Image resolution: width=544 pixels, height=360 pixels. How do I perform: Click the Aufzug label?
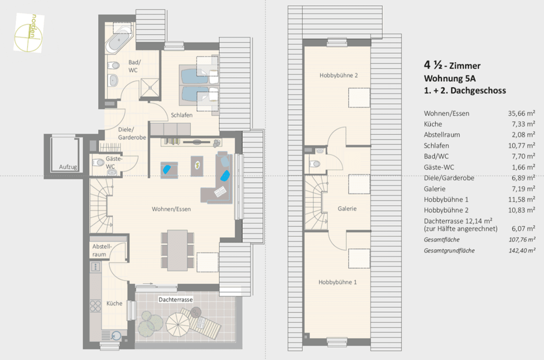click(68, 167)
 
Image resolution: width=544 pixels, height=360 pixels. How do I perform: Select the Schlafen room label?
click(181, 115)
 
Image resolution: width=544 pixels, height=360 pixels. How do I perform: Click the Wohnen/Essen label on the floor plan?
click(171, 209)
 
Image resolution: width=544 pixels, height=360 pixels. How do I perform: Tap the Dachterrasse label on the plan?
click(176, 300)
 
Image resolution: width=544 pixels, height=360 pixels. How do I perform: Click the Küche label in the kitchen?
click(114, 303)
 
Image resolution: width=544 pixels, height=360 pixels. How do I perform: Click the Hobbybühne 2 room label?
click(338, 75)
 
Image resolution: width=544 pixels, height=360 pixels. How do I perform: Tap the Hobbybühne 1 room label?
click(338, 282)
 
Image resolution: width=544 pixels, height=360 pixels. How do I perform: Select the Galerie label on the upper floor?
click(347, 209)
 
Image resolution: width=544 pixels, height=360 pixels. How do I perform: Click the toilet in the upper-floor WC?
click(315, 164)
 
